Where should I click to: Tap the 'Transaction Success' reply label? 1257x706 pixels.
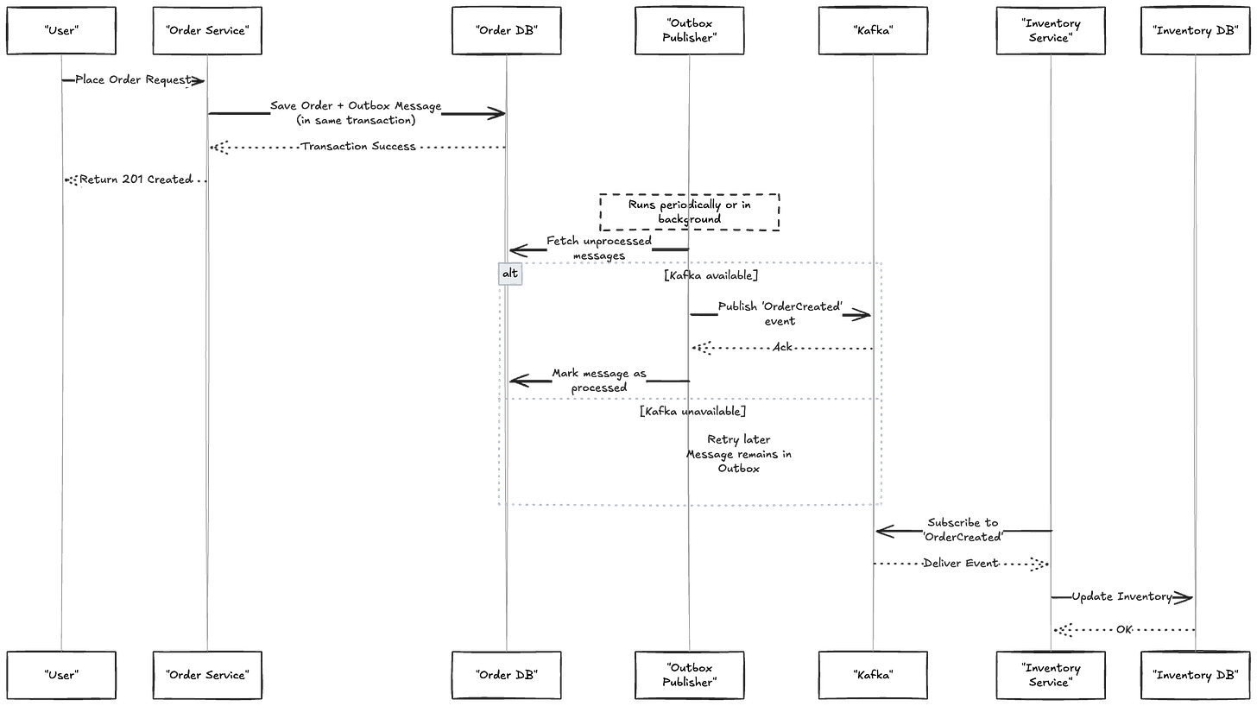point(358,147)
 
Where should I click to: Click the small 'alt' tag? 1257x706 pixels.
point(511,274)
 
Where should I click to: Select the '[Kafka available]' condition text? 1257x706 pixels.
point(711,276)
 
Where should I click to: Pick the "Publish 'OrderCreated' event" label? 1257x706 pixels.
point(780,313)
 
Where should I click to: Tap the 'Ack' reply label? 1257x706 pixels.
point(783,348)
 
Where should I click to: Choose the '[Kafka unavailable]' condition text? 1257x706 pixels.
point(692,413)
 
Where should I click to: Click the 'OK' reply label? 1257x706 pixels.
point(1124,630)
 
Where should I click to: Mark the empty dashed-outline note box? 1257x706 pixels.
point(690,211)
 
